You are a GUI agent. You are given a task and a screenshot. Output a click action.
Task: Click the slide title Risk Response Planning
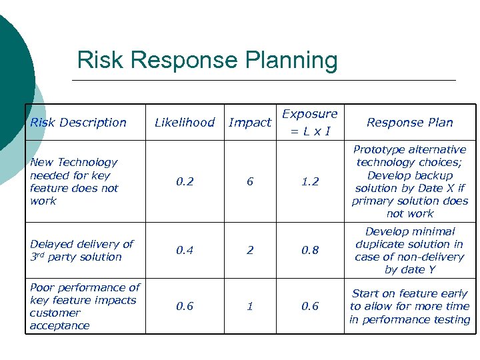pyautogui.click(x=207, y=60)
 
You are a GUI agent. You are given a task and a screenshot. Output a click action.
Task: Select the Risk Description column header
pyautogui.click(x=78, y=122)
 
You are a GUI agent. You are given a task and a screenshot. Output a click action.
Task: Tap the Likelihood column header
pyautogui.click(x=185, y=122)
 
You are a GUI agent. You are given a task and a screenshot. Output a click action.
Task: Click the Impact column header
pyautogui.click(x=249, y=122)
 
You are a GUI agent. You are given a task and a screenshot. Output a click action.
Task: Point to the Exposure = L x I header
pyautogui.click(x=310, y=122)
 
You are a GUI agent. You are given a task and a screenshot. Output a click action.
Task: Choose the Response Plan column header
pyautogui.click(x=409, y=122)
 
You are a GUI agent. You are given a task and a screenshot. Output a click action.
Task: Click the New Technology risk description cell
pyautogui.click(x=74, y=181)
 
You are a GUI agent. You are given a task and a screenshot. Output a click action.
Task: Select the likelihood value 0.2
pyautogui.click(x=185, y=181)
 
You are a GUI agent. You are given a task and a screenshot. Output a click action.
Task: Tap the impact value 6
pyautogui.click(x=250, y=181)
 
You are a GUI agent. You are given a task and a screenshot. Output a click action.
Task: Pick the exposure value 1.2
pyautogui.click(x=310, y=181)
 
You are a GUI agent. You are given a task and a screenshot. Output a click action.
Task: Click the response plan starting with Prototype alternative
pyautogui.click(x=409, y=181)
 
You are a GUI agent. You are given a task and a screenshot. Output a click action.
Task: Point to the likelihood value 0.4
pyautogui.click(x=185, y=251)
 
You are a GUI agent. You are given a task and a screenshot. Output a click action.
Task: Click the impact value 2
pyautogui.click(x=250, y=251)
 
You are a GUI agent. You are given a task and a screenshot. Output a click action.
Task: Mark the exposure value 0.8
pyautogui.click(x=310, y=251)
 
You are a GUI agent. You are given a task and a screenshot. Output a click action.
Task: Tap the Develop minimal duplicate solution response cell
pyautogui.click(x=409, y=251)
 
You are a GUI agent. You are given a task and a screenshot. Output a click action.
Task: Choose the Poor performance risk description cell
pyautogui.click(x=85, y=307)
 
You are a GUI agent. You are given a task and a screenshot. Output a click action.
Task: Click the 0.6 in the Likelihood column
pyautogui.click(x=185, y=307)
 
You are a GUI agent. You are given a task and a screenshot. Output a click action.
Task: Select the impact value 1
pyautogui.click(x=250, y=307)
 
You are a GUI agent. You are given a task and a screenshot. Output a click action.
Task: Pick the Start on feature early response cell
pyautogui.click(x=409, y=307)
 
